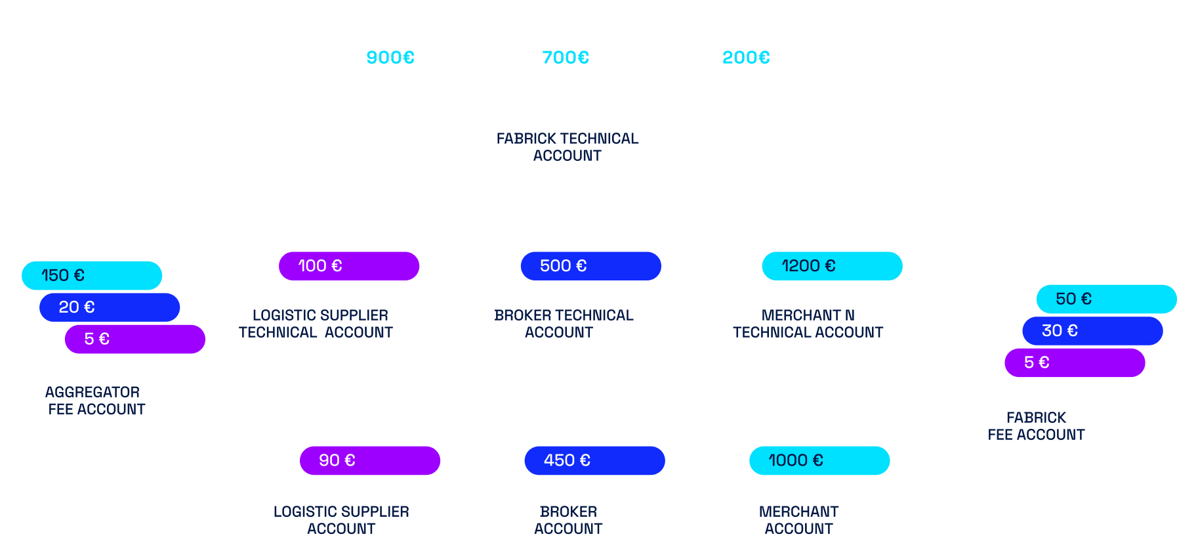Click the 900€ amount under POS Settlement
point(390,58)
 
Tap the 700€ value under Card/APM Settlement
point(566,58)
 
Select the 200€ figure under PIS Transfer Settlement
point(746,58)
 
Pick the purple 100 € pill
point(349,266)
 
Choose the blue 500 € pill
point(590,266)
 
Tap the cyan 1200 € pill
point(832,266)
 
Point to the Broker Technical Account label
point(563,324)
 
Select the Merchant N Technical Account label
point(808,324)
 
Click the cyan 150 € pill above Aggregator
point(92,275)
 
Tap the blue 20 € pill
point(110,307)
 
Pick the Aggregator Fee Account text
point(96,401)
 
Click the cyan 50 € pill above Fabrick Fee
point(1106,299)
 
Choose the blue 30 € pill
point(1092,330)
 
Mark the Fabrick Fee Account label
point(1036,426)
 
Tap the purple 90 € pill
point(370,460)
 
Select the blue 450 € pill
point(594,460)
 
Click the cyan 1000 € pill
point(819,460)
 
